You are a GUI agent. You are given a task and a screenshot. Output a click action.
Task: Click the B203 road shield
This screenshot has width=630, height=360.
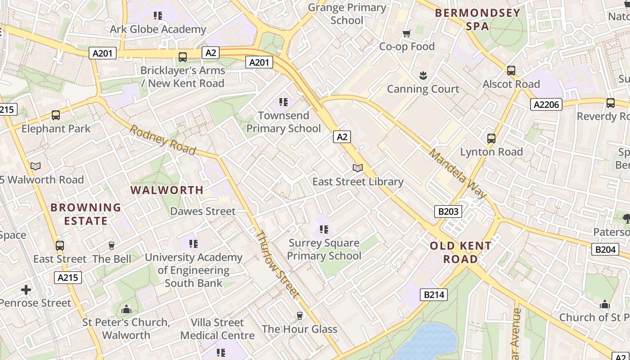[x=448, y=211]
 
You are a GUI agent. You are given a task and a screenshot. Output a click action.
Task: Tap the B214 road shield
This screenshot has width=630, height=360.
[x=434, y=295]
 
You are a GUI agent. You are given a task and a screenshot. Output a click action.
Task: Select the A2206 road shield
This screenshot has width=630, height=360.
[x=546, y=105]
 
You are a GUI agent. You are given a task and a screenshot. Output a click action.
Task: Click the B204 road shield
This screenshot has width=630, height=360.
[x=605, y=249]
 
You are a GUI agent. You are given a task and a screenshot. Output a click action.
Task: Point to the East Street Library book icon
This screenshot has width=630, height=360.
[x=358, y=168]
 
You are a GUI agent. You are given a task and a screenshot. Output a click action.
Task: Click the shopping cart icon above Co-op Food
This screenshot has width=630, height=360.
[x=407, y=33]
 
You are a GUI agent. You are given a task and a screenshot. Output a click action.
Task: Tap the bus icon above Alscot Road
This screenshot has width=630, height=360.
[x=511, y=71]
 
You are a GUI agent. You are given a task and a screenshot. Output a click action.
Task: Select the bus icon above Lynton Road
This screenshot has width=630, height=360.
[x=491, y=139]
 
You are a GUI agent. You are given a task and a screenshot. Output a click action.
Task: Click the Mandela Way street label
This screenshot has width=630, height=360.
[x=457, y=174]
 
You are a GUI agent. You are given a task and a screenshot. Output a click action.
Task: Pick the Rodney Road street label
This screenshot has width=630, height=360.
[x=163, y=140]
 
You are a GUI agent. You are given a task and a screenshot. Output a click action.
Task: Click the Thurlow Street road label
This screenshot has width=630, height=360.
[x=277, y=265]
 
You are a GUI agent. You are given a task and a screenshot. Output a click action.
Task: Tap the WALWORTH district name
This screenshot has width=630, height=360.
[x=167, y=190]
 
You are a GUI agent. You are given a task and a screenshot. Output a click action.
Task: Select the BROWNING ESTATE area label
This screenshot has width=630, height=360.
[x=85, y=214]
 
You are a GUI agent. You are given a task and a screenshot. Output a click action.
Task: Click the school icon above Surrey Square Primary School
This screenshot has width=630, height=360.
[x=324, y=230]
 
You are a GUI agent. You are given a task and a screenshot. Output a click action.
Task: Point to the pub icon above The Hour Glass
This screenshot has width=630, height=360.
[x=300, y=316]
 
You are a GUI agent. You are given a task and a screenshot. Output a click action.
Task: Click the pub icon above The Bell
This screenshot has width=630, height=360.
[x=112, y=246]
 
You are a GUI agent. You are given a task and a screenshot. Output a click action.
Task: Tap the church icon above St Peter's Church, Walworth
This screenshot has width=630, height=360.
[x=126, y=309]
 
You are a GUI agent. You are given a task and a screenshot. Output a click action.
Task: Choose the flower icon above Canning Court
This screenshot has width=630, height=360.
[x=423, y=76]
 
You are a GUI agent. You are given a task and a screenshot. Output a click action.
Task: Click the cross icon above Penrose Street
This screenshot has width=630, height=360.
[x=26, y=289]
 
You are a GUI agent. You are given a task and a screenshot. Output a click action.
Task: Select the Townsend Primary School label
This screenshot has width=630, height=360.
[x=283, y=122]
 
